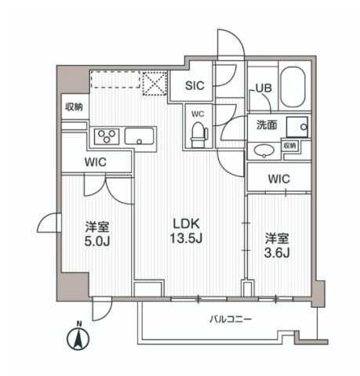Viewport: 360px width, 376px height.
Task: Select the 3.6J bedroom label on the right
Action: tap(276, 244)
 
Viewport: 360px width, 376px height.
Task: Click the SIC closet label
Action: tap(196, 87)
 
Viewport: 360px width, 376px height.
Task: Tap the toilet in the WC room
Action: tap(196, 132)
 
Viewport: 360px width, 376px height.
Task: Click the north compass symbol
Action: tap(78, 338)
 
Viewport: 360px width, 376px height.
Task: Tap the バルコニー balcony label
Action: tap(229, 320)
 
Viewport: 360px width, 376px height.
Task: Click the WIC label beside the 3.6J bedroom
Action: tap(278, 179)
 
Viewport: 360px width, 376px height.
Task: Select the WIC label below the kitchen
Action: tap(96, 161)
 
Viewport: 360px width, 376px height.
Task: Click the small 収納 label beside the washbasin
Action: tap(289, 145)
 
